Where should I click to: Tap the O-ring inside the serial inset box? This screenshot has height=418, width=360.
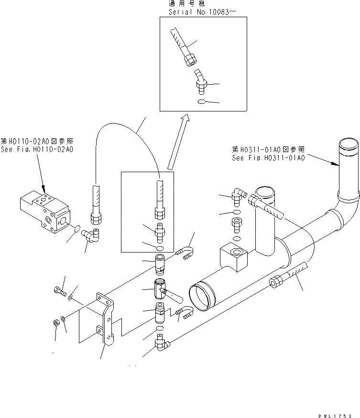(x=201, y=101)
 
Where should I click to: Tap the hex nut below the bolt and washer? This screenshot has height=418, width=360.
(x=55, y=323)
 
